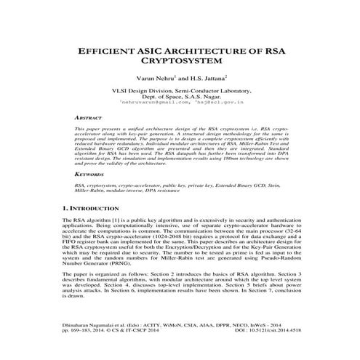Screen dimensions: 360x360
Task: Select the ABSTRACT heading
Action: (x=89, y=116)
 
